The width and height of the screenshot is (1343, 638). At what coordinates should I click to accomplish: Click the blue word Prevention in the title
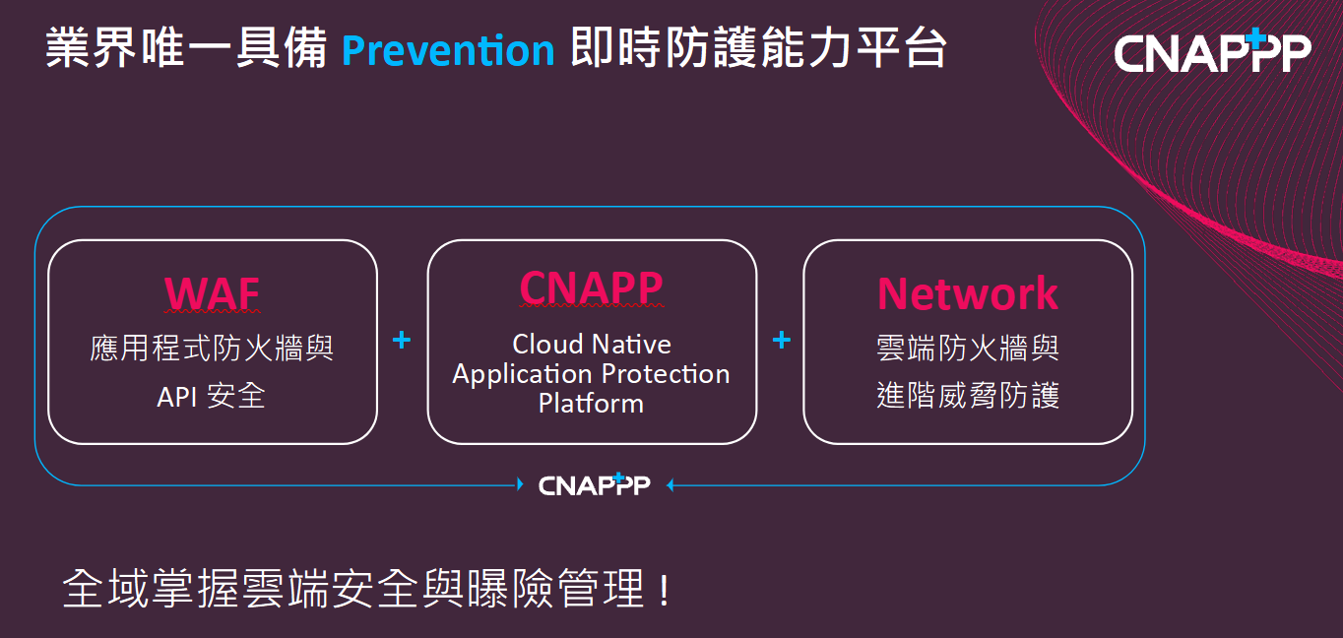[448, 50]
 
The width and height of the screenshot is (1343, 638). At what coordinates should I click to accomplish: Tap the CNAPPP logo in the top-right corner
[1212, 52]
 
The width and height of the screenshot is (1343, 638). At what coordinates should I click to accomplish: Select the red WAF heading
[213, 293]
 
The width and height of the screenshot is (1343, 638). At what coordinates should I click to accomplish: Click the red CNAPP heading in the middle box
[591, 287]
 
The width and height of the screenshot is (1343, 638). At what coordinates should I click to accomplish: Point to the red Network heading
[968, 293]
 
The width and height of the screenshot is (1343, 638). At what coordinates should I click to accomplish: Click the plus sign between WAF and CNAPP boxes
[402, 340]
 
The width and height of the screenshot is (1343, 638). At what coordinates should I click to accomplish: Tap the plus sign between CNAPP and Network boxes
[781, 340]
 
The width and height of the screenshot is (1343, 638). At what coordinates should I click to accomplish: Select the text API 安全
[211, 397]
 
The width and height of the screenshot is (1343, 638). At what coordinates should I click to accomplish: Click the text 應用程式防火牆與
[212, 348]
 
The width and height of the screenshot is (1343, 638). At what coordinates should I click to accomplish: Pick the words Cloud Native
[592, 345]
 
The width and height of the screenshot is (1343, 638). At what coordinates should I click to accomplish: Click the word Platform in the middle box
[591, 403]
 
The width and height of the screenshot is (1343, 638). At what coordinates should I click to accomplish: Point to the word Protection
[666, 373]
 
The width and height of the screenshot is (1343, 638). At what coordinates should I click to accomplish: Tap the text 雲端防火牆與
[968, 348]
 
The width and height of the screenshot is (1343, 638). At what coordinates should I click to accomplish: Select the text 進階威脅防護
[968, 395]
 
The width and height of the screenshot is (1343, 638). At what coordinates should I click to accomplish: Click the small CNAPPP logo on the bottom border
[594, 484]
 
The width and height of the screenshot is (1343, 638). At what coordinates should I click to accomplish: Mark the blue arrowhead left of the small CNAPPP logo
[520, 484]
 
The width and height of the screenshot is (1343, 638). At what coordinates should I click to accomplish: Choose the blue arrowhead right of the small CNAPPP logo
[671, 484]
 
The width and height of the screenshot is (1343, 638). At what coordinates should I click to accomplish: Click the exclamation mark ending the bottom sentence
[664, 590]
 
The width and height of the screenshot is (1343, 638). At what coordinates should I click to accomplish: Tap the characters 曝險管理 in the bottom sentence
[557, 588]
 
